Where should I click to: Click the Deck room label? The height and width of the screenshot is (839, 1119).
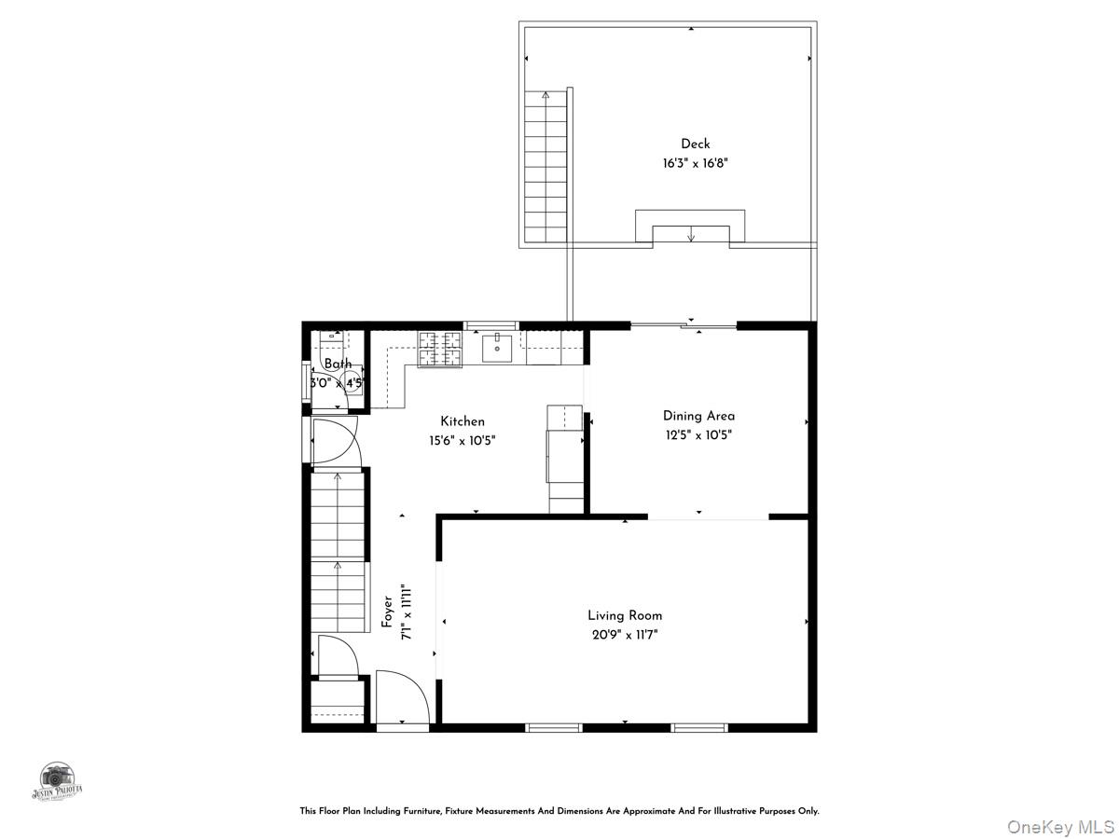695,144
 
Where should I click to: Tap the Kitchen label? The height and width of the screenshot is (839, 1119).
463,421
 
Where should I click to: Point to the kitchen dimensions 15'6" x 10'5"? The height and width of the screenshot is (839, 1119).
463,440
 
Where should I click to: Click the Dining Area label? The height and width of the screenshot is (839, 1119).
698,416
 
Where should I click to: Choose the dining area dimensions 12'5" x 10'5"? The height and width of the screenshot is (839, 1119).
698,434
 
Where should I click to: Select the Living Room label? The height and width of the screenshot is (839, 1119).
625,615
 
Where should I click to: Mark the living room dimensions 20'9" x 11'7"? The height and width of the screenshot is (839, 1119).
625,635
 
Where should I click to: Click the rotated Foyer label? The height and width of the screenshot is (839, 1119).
387,611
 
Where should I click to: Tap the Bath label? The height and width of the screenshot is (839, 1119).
338,364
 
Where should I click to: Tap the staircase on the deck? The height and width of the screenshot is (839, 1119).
546,168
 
